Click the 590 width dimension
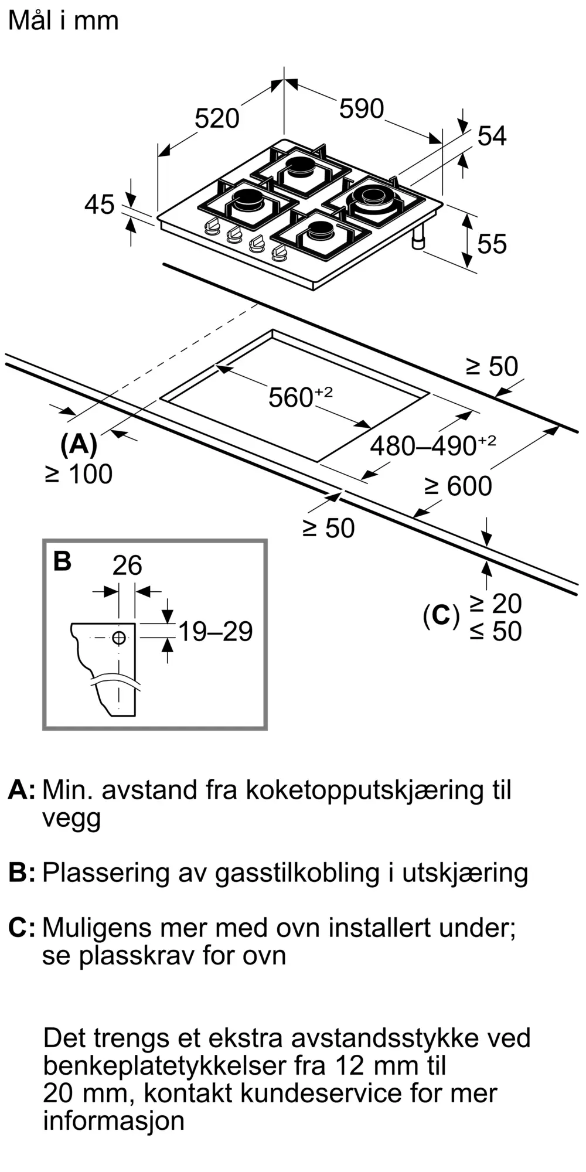[362, 109]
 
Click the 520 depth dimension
[217, 118]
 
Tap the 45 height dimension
[100, 205]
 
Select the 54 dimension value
[492, 136]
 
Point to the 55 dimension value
[492, 244]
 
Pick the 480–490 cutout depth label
[432, 445]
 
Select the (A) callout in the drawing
[79, 444]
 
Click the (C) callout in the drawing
[441, 615]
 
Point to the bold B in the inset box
[62, 561]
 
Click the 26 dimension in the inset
[127, 565]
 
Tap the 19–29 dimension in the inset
[215, 632]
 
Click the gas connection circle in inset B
[119, 638]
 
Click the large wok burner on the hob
[373, 197]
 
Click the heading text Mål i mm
[63, 21]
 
